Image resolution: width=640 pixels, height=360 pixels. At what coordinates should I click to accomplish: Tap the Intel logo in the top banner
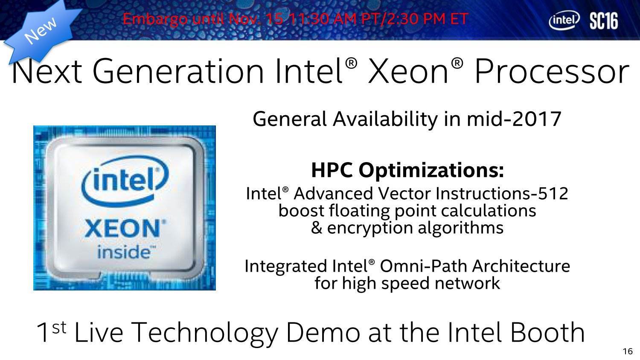click(x=564, y=20)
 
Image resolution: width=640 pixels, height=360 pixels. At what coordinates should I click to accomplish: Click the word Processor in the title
click(x=551, y=71)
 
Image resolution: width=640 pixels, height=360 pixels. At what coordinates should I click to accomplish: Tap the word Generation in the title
click(x=178, y=71)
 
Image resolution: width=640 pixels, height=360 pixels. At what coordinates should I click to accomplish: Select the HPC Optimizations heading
click(x=407, y=170)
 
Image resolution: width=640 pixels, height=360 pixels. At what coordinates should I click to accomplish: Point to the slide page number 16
click(x=628, y=351)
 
